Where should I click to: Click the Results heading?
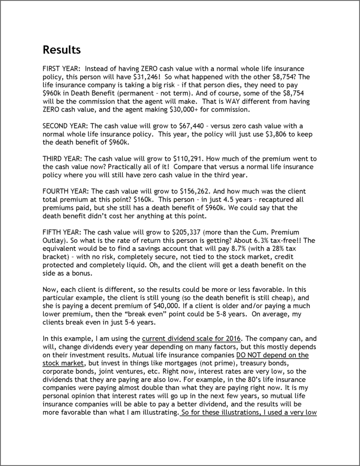[62, 49]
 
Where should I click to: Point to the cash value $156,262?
[189, 192]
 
